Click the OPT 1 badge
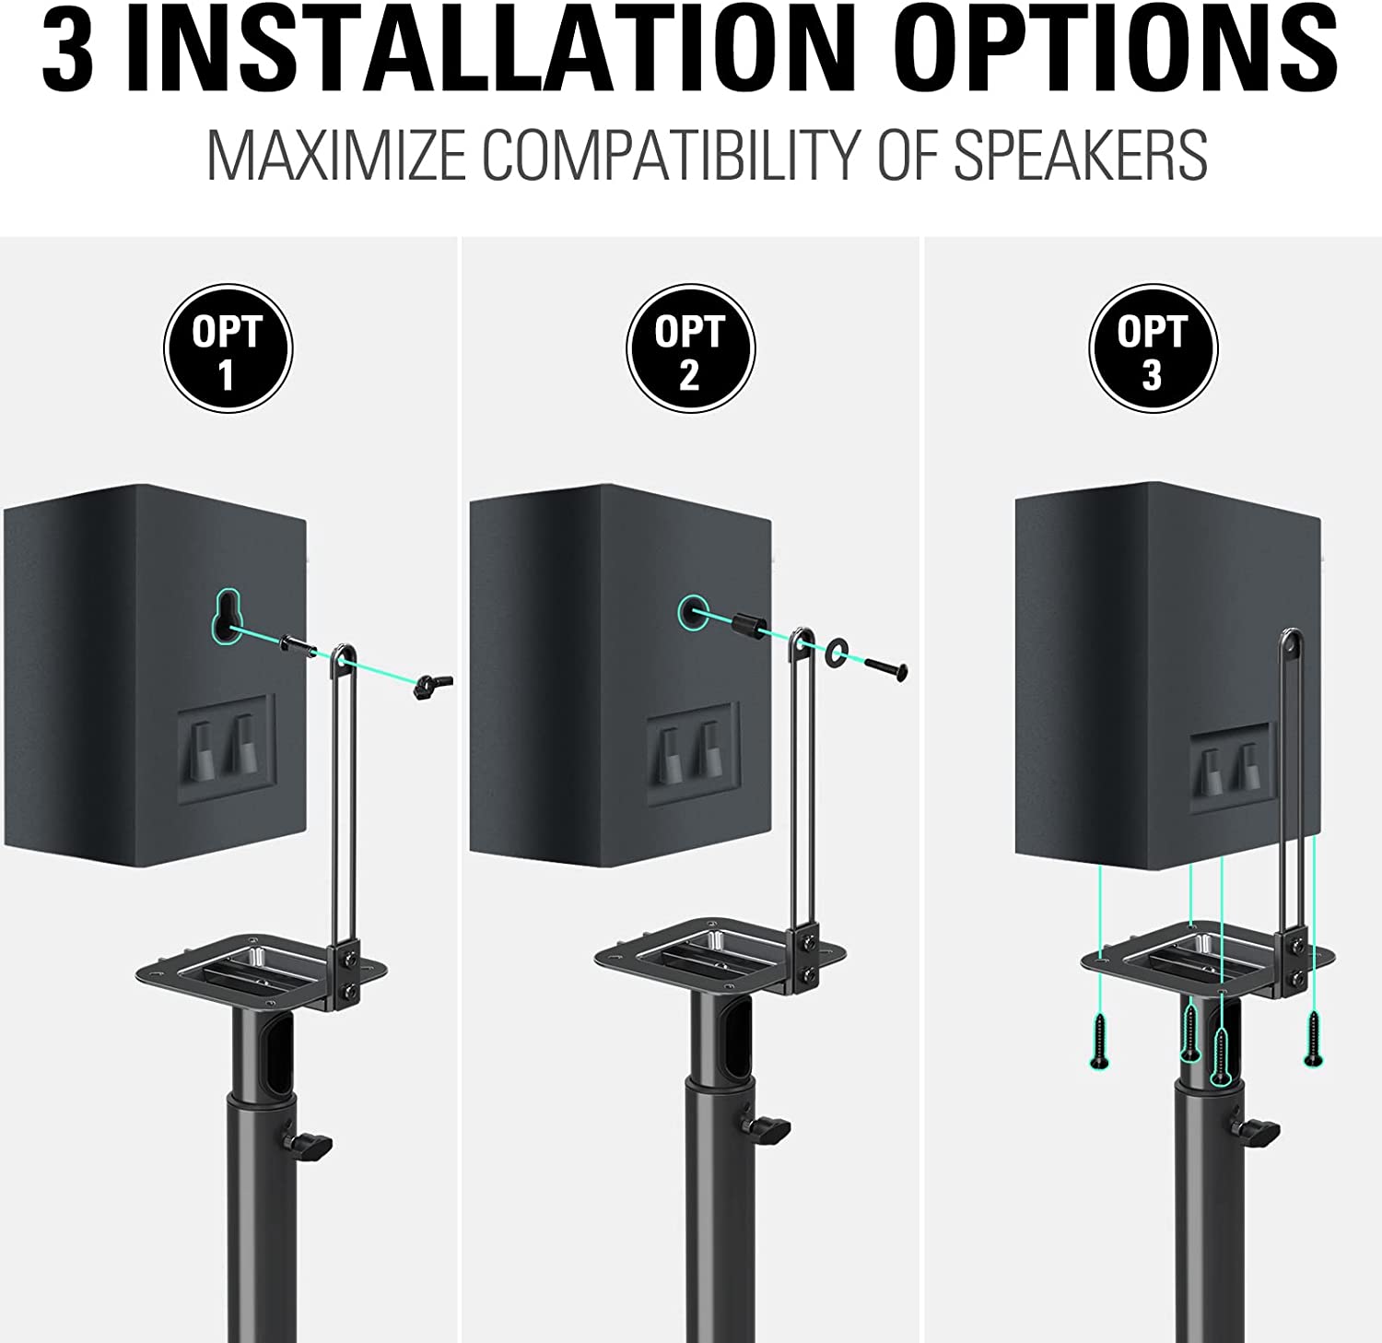click(228, 348)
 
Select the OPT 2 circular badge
click(690, 348)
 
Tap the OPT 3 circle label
click(1153, 348)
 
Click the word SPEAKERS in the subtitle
click(1080, 155)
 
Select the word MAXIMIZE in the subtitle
click(336, 155)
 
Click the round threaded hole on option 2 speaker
click(694, 612)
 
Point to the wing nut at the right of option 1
click(431, 684)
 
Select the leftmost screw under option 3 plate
click(1099, 1040)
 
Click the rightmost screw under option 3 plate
click(1313, 1038)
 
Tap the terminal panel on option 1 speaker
click(227, 748)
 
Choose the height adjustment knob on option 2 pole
click(767, 1126)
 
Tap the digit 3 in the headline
click(67, 48)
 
